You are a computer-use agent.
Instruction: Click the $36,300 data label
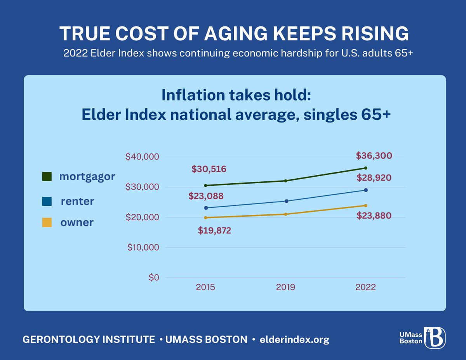374,156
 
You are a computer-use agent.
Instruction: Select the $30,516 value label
209,169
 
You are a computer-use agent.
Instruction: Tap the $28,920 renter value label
374,178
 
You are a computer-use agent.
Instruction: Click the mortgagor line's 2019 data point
286,181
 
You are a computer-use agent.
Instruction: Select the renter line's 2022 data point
366,190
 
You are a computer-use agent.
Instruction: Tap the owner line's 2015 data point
205,217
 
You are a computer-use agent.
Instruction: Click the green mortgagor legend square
47,177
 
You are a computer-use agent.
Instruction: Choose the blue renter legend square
47,201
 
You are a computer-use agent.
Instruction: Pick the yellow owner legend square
47,223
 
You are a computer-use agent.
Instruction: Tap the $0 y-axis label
153,278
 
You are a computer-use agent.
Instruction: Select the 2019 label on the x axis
285,288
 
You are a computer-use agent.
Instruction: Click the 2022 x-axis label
365,288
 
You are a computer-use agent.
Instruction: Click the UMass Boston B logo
435,337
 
